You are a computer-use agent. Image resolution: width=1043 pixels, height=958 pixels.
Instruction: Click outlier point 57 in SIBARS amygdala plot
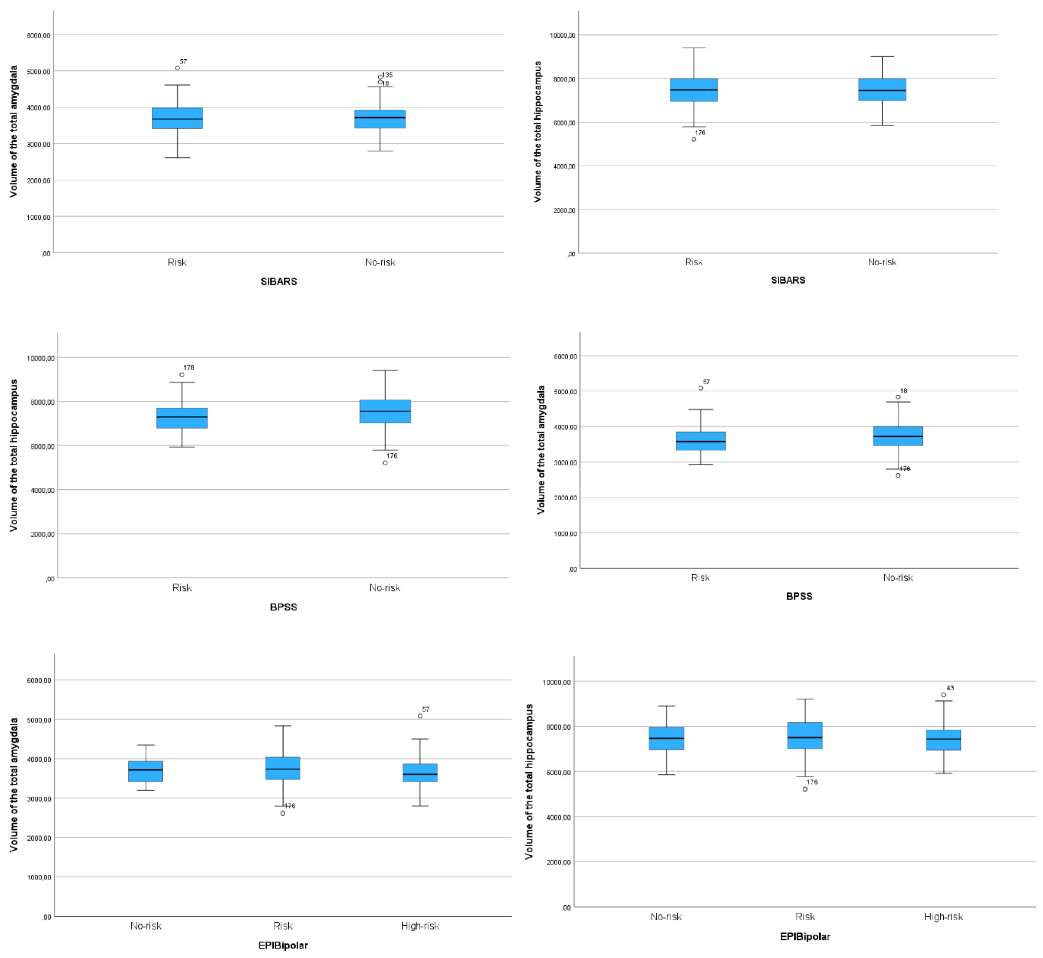[177, 68]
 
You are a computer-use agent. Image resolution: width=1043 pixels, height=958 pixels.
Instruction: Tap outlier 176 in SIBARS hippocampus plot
[694, 139]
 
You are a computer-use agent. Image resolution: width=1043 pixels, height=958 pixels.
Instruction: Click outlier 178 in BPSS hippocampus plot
[182, 375]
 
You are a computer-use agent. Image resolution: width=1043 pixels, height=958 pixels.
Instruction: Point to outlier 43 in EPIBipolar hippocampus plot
[944, 695]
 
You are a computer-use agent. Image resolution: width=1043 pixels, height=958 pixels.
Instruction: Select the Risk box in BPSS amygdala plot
[700, 441]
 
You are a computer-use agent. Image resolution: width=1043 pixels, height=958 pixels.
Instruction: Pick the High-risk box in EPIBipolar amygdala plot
[420, 772]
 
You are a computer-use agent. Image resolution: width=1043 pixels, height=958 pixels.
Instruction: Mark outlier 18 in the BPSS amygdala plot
[898, 397]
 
